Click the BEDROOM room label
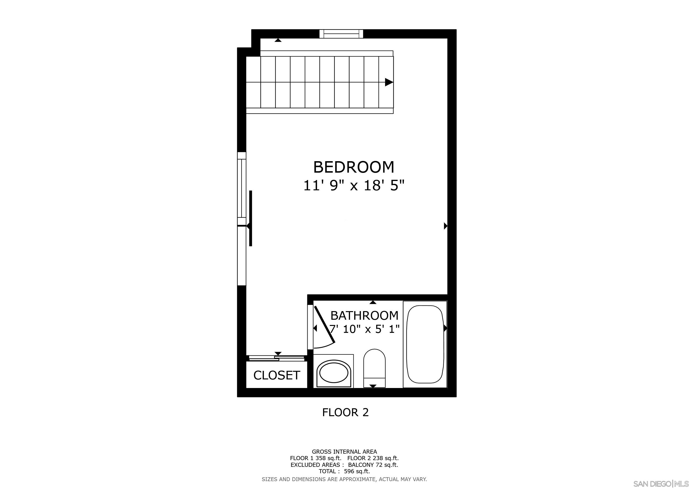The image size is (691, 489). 354,167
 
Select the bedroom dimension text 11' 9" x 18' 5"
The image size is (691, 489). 354,186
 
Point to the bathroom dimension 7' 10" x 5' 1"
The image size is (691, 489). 364,329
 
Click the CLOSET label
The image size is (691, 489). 277,375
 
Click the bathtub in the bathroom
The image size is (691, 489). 425,344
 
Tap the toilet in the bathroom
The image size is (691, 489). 374,368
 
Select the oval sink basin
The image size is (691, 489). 334,372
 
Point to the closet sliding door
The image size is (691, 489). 277,358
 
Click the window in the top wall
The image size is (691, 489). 341,34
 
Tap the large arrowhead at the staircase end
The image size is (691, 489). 389,82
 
